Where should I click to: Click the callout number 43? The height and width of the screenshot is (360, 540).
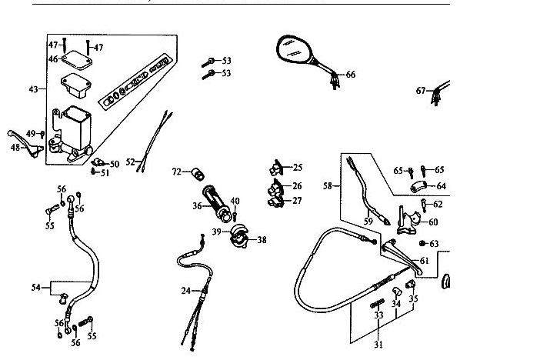pyautogui.click(x=33, y=90)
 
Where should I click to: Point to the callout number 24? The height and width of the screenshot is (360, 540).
pyautogui.click(x=185, y=291)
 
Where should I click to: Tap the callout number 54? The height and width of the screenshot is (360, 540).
pyautogui.click(x=35, y=288)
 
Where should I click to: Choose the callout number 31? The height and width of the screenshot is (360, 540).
pyautogui.click(x=378, y=344)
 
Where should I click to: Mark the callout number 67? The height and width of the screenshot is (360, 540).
pyautogui.click(x=421, y=91)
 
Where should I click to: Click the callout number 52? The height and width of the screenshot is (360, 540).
pyautogui.click(x=131, y=162)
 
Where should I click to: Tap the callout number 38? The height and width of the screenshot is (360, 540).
pyautogui.click(x=262, y=240)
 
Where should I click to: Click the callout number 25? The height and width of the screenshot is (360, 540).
pyautogui.click(x=298, y=167)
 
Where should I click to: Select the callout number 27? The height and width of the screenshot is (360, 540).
pyautogui.click(x=298, y=201)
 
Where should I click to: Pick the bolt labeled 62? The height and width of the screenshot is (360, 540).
pyautogui.click(x=424, y=203)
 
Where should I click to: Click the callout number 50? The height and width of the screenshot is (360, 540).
pyautogui.click(x=115, y=164)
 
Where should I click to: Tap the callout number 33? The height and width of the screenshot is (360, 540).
pyautogui.click(x=378, y=315)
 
